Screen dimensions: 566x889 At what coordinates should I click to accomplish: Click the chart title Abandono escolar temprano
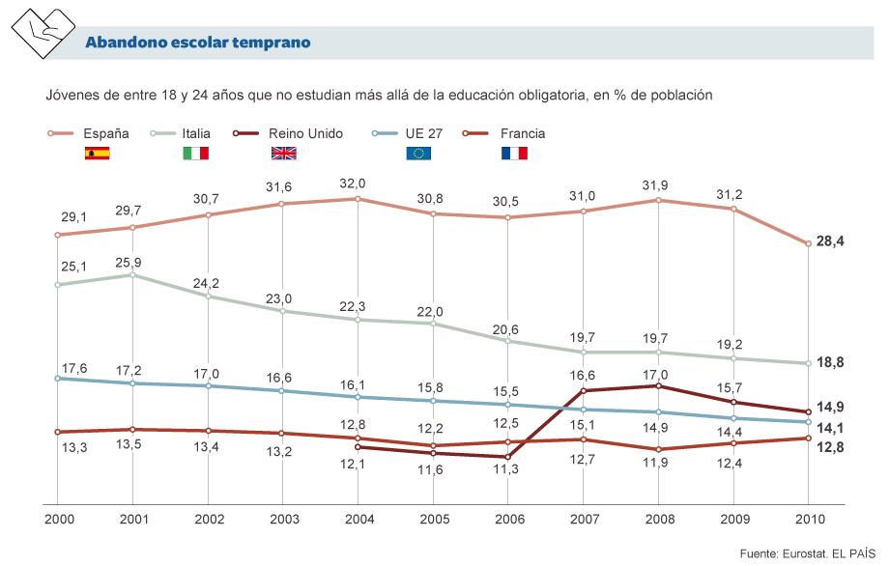pyautogui.click(x=197, y=42)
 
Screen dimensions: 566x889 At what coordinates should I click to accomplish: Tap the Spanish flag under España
pyautogui.click(x=98, y=153)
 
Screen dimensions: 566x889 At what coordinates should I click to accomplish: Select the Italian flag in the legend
pyautogui.click(x=196, y=153)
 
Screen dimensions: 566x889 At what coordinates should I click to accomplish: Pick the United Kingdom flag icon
pyautogui.click(x=283, y=153)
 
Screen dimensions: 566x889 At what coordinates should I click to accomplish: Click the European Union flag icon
pyautogui.click(x=418, y=153)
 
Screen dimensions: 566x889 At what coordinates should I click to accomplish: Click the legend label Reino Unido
pyautogui.click(x=305, y=132)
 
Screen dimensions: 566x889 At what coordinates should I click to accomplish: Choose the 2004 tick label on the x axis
pyautogui.click(x=358, y=520)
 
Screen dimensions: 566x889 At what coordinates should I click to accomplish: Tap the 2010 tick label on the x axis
pyautogui.click(x=809, y=520)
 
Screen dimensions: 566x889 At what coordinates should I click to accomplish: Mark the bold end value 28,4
pyautogui.click(x=831, y=241)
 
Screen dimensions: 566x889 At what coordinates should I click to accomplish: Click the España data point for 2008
pyautogui.click(x=658, y=200)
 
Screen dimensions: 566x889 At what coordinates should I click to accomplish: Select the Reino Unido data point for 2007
pyautogui.click(x=583, y=390)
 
